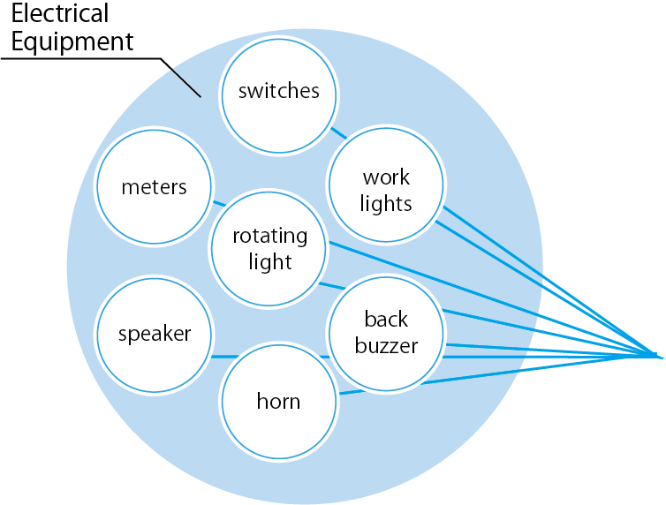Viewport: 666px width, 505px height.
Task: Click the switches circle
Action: coord(278,92)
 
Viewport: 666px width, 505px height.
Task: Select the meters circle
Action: coord(155,187)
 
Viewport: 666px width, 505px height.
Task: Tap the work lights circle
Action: coord(385,189)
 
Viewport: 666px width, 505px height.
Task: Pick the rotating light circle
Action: coord(269,249)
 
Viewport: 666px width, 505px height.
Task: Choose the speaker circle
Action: coord(155,334)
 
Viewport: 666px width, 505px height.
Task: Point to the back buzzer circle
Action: coord(386,332)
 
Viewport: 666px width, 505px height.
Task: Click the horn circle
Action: coord(278,402)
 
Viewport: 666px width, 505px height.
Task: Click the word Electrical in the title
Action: coord(60,14)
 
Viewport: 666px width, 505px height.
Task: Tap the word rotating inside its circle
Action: coord(269,237)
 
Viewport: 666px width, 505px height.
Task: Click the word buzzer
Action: coord(386,345)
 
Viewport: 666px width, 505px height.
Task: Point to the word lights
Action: coord(386,203)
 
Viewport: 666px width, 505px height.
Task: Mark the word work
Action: coord(386,177)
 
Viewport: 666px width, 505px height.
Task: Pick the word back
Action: coord(386,319)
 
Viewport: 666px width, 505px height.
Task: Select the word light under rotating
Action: coord(269,262)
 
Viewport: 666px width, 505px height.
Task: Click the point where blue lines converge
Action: coord(661,357)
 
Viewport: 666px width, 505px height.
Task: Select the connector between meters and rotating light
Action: coord(218,203)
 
